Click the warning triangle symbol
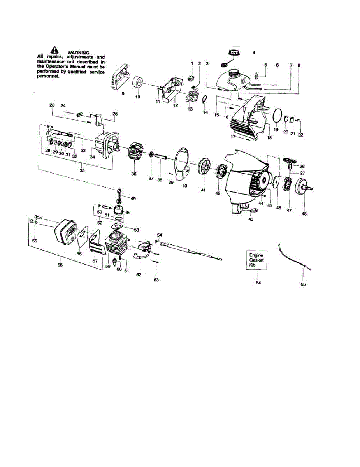[x=54, y=50]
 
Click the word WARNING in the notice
[x=78, y=53]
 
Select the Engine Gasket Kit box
[x=257, y=260]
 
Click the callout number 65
[x=303, y=284]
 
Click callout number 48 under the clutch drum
[x=304, y=214]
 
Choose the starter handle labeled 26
[x=290, y=161]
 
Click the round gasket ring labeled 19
[x=277, y=115]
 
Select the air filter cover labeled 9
[x=118, y=76]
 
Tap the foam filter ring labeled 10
[x=137, y=83]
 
